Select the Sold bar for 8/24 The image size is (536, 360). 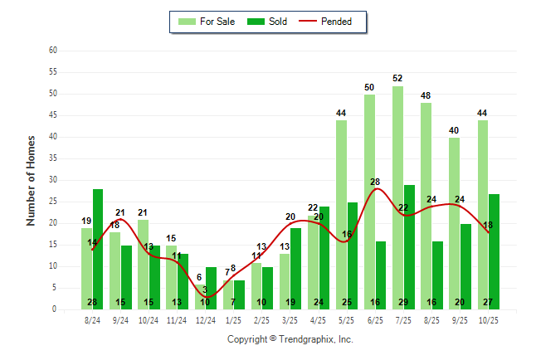coord(98,249)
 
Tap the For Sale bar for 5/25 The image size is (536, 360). coord(342,215)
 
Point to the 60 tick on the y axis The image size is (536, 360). coord(53,51)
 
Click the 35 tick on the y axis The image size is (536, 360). coord(53,158)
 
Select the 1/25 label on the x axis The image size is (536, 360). coord(233,319)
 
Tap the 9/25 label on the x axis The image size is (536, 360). coord(460,319)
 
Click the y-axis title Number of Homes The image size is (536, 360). coord(31,180)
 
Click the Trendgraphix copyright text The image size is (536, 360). coord(290,339)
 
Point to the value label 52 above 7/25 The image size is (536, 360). coord(398,79)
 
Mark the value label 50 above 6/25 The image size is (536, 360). coord(369,87)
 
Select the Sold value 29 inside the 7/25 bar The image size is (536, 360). coord(409,302)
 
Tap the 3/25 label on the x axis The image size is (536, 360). coord(290,319)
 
